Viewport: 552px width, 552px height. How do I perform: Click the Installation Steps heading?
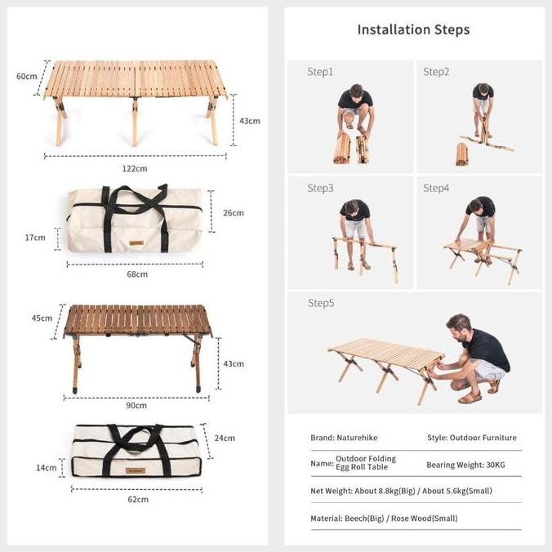[413, 29]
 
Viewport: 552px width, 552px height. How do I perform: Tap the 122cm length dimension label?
[136, 168]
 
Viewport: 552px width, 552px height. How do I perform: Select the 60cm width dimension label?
[27, 76]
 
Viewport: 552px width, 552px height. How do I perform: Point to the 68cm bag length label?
[136, 274]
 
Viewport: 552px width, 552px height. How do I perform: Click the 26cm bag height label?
[233, 213]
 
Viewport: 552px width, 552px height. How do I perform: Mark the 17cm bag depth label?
[35, 238]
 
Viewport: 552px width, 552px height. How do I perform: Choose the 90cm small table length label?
[136, 405]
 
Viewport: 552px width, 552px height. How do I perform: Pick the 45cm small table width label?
[42, 318]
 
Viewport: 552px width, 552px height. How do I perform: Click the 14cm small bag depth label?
[47, 468]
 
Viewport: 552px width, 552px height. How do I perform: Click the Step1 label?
[320, 72]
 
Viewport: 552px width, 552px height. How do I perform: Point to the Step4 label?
[436, 188]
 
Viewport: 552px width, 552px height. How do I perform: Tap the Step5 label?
[320, 303]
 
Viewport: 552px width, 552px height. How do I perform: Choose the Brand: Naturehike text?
[344, 438]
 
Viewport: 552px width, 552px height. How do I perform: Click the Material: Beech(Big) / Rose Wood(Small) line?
[384, 518]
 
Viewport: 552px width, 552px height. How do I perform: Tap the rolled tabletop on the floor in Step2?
[462, 153]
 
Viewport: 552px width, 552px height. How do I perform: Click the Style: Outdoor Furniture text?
[471, 438]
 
